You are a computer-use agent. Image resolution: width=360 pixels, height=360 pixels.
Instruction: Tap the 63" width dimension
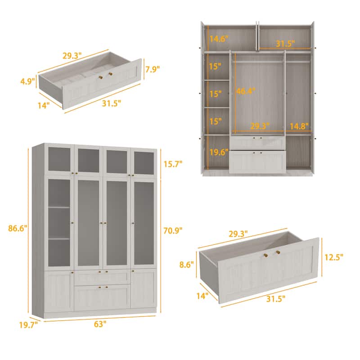(x=100, y=324)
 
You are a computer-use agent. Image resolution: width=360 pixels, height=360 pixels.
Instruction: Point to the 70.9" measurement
(x=172, y=231)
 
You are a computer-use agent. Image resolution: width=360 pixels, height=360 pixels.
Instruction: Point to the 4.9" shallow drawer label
(x=27, y=81)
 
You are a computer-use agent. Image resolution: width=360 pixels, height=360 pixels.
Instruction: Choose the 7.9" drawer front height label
(x=152, y=69)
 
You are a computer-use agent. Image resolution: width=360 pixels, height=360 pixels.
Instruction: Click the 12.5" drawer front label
(x=334, y=257)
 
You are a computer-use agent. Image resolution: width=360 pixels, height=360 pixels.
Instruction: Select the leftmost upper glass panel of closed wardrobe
(x=59, y=160)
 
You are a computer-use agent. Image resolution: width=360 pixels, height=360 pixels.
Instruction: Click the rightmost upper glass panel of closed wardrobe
(x=144, y=162)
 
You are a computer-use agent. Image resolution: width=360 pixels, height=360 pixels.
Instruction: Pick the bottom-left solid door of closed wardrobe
(x=59, y=290)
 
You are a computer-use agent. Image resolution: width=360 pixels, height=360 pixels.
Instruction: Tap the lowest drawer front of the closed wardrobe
(x=102, y=297)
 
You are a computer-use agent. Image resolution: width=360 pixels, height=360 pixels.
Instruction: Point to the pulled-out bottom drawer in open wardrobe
(x=257, y=161)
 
